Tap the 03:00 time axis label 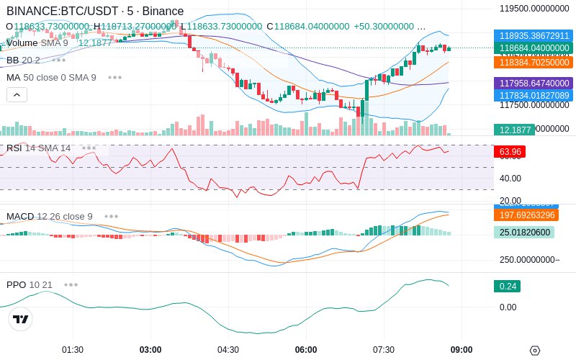point(150,350)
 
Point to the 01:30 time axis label point(73,350)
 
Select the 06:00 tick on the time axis point(306,350)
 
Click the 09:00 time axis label point(462,350)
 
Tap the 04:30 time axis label point(228,350)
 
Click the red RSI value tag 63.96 point(510,152)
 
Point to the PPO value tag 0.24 point(507,286)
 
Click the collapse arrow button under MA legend point(17,94)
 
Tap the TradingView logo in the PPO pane point(21,319)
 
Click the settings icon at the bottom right point(534,351)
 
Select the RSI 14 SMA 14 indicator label point(39,148)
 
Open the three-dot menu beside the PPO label point(71,284)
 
